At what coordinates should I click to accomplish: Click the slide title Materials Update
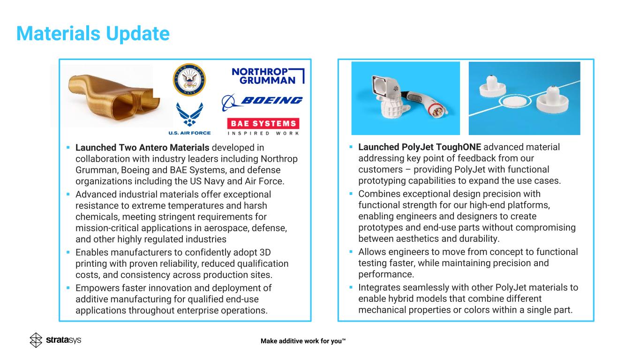click(x=93, y=34)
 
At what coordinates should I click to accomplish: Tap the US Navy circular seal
click(x=190, y=80)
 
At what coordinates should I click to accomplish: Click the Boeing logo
click(x=262, y=101)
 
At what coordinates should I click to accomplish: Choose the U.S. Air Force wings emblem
click(x=189, y=114)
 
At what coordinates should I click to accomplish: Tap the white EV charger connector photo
click(x=406, y=98)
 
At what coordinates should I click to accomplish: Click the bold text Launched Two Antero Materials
click(x=142, y=148)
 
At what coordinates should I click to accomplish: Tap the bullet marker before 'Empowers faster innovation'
click(x=68, y=288)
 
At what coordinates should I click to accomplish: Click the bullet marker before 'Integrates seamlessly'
click(x=351, y=287)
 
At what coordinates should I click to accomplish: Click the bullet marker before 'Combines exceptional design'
click(x=351, y=194)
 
